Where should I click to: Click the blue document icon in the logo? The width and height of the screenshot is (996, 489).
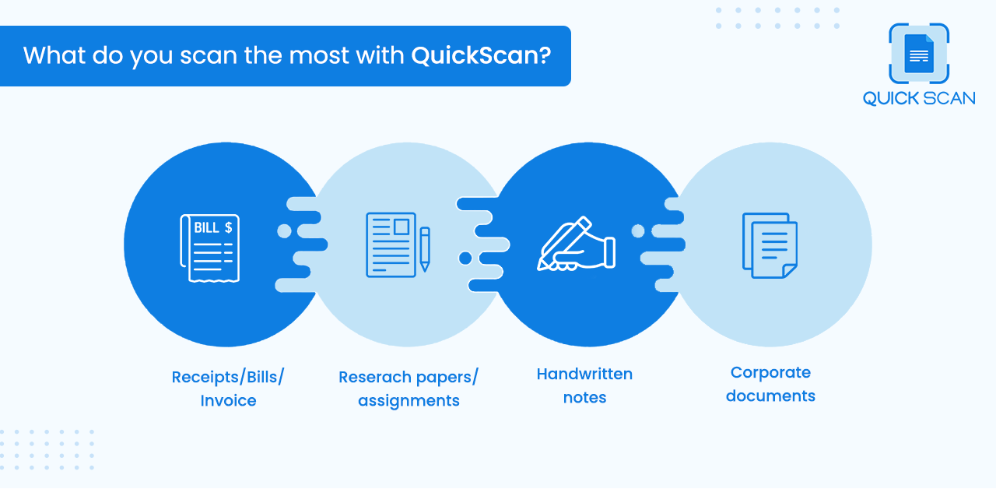point(919,54)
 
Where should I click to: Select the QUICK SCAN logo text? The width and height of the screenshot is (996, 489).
point(919,98)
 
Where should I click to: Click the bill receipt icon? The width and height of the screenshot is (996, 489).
point(210,248)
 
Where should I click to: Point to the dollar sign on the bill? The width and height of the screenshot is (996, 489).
point(229,228)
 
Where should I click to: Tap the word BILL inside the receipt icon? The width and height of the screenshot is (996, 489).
point(207,228)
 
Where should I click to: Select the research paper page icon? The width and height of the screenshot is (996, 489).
point(391,245)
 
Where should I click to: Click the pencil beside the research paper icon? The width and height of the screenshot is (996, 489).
point(425,249)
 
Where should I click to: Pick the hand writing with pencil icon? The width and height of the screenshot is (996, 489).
point(577,244)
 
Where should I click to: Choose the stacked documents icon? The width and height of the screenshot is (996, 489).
point(770,245)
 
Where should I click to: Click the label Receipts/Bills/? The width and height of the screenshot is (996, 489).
point(228,377)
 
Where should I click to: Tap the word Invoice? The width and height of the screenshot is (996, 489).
point(228,400)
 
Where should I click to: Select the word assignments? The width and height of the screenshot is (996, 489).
point(409,401)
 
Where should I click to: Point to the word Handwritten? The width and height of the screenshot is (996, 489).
point(584,374)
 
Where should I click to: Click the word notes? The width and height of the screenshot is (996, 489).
point(584,397)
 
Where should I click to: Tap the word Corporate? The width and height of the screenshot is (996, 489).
point(770,372)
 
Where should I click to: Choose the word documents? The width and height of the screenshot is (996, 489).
point(770,396)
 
